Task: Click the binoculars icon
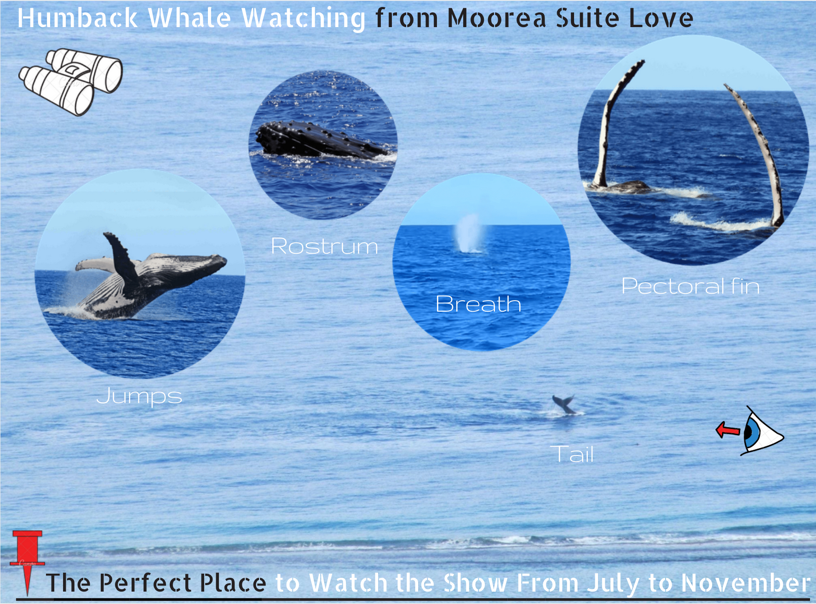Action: point(70,82)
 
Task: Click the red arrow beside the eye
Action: point(728,430)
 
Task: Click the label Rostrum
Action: point(324,246)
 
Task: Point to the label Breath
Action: point(478,304)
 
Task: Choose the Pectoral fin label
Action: point(690,286)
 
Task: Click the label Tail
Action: point(572,454)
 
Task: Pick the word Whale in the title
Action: point(189,18)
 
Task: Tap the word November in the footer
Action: point(746,583)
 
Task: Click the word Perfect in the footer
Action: point(145,583)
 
